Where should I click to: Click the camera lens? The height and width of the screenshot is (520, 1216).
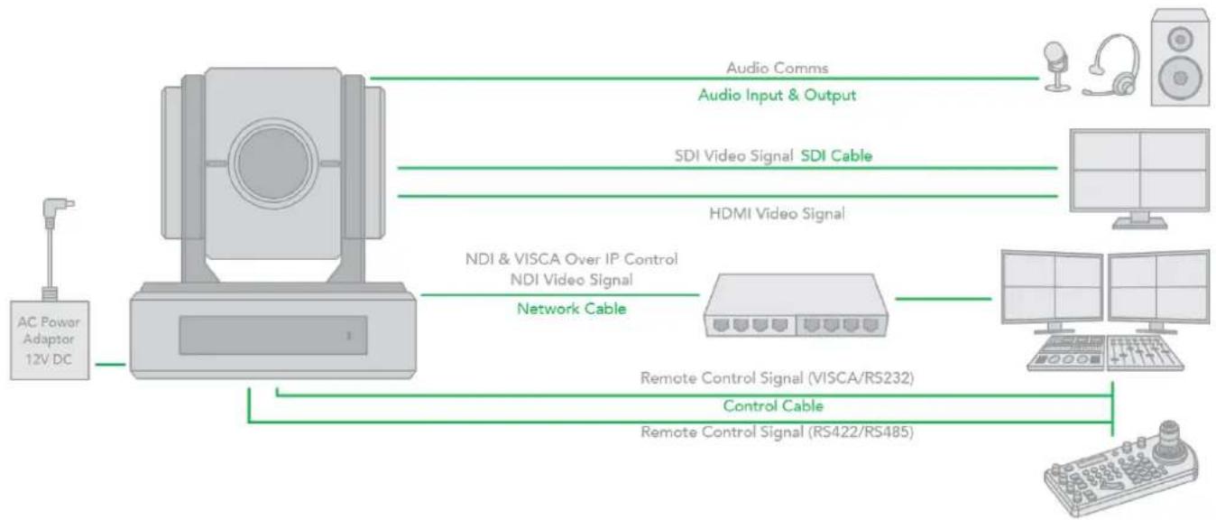click(x=273, y=163)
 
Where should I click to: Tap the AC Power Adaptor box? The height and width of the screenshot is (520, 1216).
click(x=50, y=340)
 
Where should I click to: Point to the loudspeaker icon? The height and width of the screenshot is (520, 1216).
click(x=1180, y=57)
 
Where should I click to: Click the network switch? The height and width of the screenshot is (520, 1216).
click(x=796, y=305)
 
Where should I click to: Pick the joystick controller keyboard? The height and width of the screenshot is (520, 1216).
click(x=1121, y=469)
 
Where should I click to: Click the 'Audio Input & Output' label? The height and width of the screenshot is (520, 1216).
click(x=777, y=95)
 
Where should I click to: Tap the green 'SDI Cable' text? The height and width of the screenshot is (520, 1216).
click(x=836, y=156)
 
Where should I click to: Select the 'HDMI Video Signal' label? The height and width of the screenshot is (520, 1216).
click(x=777, y=214)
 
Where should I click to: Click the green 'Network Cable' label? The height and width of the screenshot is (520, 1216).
click(x=572, y=309)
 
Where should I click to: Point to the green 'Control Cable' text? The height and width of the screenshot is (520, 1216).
click(x=773, y=406)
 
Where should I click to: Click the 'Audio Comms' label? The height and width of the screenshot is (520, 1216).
click(x=778, y=68)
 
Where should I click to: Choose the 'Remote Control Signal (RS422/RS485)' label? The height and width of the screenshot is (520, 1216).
click(x=777, y=432)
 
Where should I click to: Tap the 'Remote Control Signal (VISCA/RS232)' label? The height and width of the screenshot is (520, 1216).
click(x=777, y=377)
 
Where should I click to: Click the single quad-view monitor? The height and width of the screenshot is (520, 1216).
click(x=1139, y=178)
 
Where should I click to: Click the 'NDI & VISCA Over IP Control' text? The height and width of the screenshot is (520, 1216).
click(x=572, y=258)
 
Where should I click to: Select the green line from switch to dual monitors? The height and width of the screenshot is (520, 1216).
click(x=944, y=298)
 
